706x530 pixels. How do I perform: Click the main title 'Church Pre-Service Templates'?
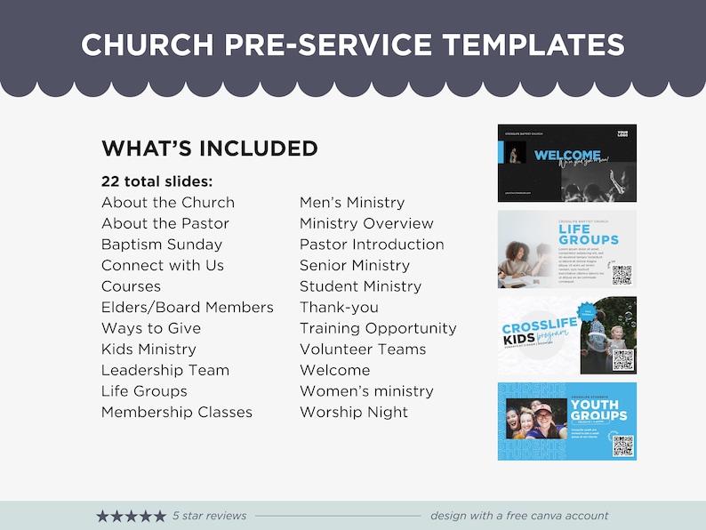[352, 44]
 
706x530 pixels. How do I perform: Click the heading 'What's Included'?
[210, 149]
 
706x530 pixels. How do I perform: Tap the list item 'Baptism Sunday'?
[162, 245]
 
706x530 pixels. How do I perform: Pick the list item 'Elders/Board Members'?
[188, 308]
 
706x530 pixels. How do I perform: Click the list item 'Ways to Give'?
[150, 328]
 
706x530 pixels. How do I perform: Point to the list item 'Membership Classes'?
[177, 413]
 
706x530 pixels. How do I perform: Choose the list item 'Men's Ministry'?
[352, 203]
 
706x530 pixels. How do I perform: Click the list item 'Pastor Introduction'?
[372, 245]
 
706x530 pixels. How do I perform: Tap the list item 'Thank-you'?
[339, 308]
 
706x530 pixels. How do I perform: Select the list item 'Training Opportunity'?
[378, 328]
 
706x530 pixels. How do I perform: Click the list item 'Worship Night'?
[354, 413]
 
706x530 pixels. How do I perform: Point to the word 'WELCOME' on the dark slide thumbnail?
[566, 156]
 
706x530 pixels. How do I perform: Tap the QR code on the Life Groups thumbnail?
[622, 274]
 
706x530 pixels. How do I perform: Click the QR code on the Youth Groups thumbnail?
[623, 445]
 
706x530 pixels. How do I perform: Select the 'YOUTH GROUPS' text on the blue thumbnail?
[598, 410]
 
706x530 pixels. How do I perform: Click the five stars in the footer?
[131, 516]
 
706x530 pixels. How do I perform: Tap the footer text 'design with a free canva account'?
[519, 516]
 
